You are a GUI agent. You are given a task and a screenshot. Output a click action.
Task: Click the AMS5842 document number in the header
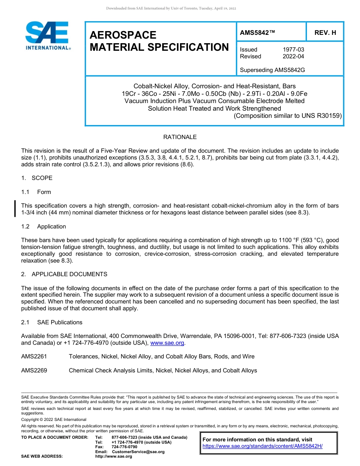(257, 33)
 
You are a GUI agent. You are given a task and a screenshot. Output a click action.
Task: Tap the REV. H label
(325, 33)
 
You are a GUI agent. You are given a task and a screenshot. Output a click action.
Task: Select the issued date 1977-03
(293, 50)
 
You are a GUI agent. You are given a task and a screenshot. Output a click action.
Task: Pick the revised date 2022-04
(293, 56)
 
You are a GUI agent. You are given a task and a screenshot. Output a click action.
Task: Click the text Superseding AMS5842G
(272, 70)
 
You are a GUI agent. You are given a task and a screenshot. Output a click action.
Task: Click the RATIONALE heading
(180, 137)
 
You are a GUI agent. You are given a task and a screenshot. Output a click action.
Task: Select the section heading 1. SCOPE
(37, 178)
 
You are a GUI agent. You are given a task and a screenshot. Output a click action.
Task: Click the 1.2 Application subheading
(44, 227)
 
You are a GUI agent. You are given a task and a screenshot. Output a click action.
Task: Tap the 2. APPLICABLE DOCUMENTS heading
(64, 274)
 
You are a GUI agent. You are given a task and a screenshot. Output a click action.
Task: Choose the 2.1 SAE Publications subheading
(52, 322)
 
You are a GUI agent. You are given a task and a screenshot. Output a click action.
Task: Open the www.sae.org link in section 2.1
(167, 343)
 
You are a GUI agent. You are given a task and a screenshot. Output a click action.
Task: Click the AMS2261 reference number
(34, 357)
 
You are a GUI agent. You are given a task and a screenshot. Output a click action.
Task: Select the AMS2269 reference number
(34, 371)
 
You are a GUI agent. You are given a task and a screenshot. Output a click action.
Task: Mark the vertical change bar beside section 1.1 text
(15, 209)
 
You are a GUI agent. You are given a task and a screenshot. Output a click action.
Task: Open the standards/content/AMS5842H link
(262, 446)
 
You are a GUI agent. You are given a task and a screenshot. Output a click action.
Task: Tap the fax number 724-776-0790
(124, 447)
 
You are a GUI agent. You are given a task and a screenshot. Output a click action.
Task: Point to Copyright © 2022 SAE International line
(54, 419)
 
